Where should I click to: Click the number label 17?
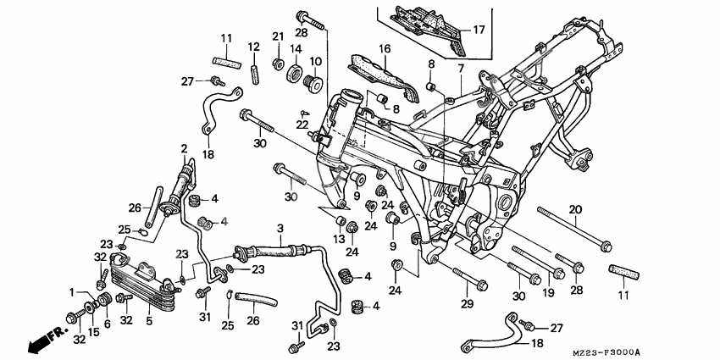478,30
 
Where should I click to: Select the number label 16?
384,49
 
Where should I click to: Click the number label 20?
575,209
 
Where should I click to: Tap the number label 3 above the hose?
280,229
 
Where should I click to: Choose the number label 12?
253,46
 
